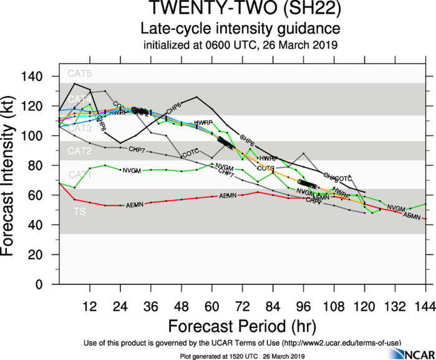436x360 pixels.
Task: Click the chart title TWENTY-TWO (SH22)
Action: (240, 11)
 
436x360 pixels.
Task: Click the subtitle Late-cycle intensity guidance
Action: (240, 30)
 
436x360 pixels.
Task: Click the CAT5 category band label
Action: (80, 74)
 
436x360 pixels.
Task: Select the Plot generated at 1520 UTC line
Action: (240, 356)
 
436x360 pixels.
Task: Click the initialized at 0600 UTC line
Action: (240, 45)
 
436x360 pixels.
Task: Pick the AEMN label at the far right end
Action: (412, 215)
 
